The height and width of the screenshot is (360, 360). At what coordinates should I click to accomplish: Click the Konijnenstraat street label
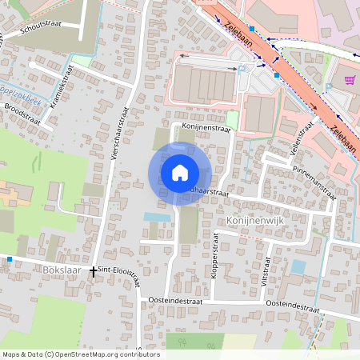[x=206, y=127]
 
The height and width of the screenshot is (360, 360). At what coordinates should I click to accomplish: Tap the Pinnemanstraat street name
[x=313, y=177]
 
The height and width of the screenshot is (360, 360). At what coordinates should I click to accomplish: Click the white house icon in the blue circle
[x=180, y=173]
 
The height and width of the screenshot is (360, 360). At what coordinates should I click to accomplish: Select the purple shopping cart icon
[x=350, y=79]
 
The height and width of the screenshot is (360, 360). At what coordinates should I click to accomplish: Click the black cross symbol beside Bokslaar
[x=93, y=272]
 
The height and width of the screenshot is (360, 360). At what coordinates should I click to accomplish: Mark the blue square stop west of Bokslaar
[x=9, y=259]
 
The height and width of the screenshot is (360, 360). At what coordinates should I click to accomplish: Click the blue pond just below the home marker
[x=157, y=217]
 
